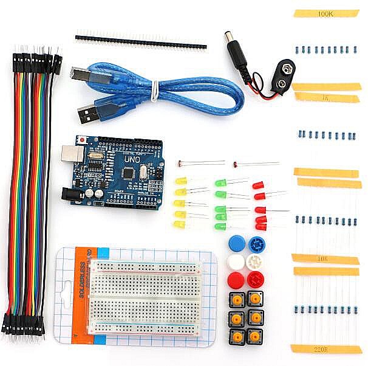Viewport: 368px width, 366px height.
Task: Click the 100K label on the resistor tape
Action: click(325, 13)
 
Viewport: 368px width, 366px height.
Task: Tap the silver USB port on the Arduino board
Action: click(72, 152)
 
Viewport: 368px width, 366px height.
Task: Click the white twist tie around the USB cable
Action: click(155, 92)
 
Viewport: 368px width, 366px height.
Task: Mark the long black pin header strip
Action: click(141, 40)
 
